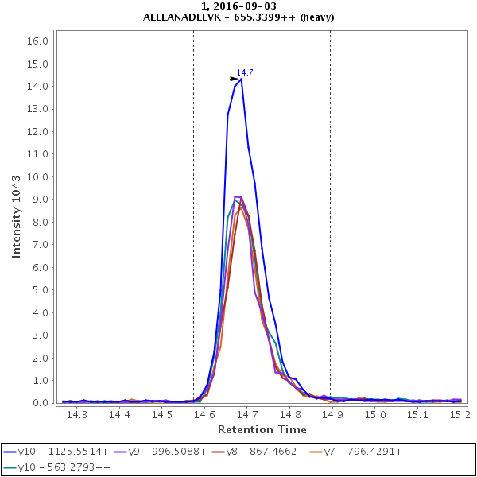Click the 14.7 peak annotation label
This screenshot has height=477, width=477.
coord(244,72)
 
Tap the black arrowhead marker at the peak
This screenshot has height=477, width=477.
coord(235,79)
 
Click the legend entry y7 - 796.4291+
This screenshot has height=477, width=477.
coord(355,451)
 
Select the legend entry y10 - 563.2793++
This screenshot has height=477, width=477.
coord(57,467)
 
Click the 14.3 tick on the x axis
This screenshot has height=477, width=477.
coord(77,414)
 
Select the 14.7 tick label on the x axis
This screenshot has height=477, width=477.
coord(247,414)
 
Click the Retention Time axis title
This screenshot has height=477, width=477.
coord(262,429)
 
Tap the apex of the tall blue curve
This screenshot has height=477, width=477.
coord(241,79)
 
